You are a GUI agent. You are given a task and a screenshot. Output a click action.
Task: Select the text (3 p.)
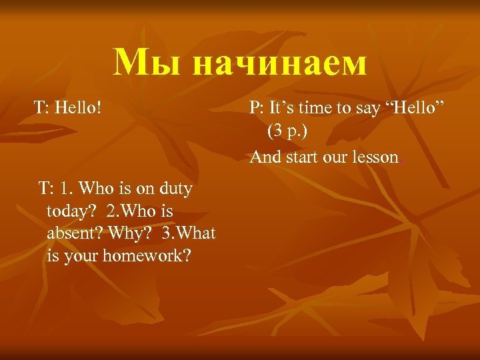(288, 131)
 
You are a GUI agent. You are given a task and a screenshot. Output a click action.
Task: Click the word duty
(175, 189)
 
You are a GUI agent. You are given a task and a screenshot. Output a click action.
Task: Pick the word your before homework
(83, 255)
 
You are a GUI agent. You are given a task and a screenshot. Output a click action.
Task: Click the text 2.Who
(131, 211)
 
